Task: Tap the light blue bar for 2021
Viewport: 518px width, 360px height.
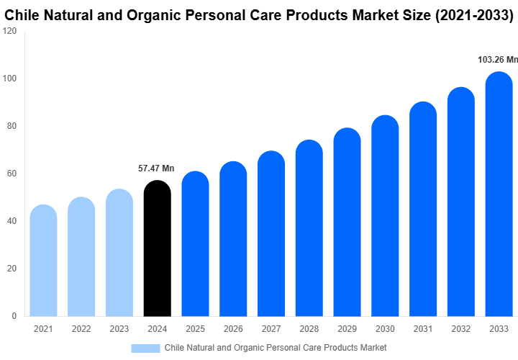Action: [43, 261]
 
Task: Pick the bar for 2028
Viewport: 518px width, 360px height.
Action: [309, 228]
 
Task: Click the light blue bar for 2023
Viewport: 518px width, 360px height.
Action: [119, 253]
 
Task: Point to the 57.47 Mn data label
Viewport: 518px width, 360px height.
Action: [156, 168]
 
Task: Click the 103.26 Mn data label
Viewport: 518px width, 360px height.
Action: [497, 60]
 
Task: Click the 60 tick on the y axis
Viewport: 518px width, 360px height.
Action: [12, 174]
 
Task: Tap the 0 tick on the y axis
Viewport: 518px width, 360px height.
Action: [14, 316]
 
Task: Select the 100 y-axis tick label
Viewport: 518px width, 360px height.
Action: [9, 78]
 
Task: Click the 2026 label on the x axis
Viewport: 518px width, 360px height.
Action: [233, 329]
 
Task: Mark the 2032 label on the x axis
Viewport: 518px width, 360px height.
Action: [461, 329]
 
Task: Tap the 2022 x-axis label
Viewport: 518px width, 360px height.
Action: [81, 329]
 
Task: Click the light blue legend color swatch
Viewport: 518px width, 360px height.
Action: [145, 348]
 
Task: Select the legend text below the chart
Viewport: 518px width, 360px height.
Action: [276, 348]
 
